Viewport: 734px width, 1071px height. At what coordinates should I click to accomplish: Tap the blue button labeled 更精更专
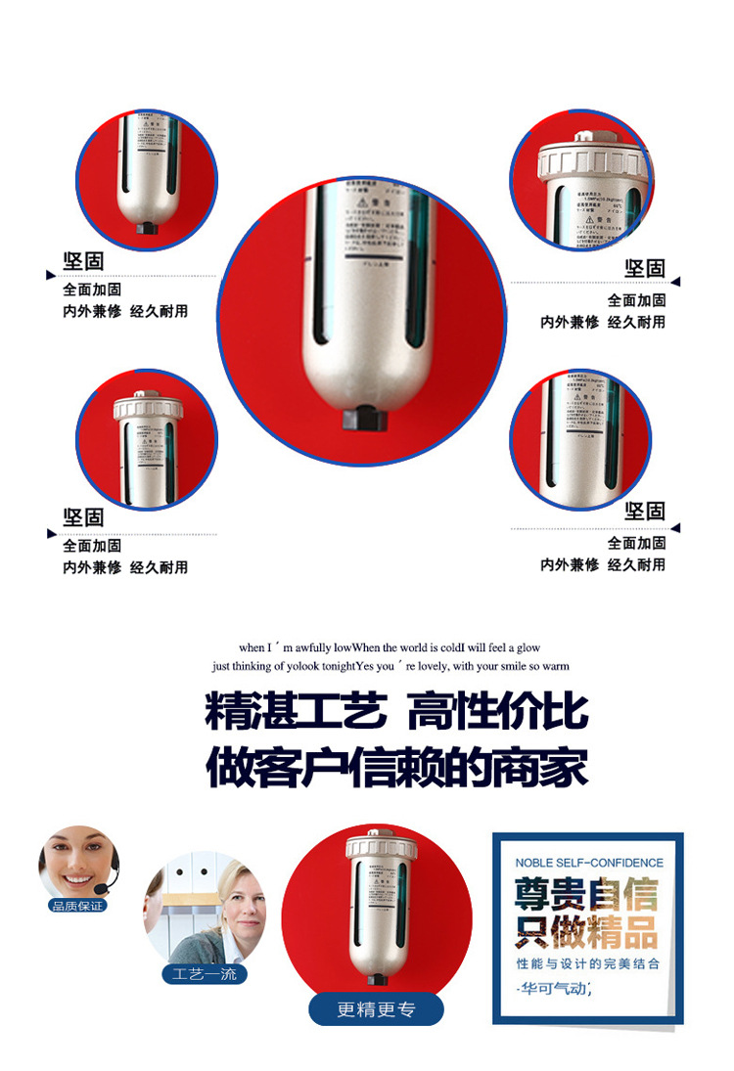376,1009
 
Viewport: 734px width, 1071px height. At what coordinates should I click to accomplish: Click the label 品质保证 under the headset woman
77,906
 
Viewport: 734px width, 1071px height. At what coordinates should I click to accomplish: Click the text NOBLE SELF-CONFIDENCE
589,863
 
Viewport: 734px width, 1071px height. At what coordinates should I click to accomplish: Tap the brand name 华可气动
555,989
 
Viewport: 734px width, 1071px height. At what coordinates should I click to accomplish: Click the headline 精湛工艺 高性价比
397,711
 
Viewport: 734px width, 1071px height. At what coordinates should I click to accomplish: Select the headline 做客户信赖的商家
397,768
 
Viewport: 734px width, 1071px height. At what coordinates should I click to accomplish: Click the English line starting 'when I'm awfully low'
390,647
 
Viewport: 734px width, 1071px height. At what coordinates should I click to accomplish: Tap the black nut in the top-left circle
146,228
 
